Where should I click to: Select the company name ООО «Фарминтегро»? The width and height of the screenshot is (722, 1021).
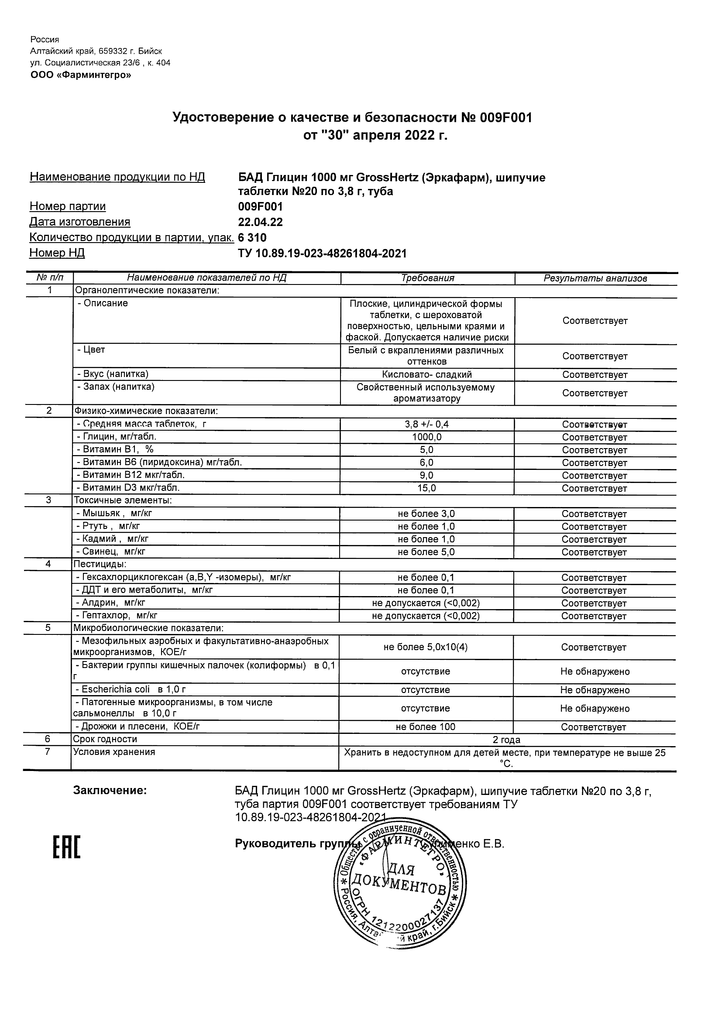tap(80, 75)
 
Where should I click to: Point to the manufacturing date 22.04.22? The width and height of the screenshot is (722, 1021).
tap(260, 222)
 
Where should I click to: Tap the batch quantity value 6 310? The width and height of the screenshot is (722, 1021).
tap(252, 237)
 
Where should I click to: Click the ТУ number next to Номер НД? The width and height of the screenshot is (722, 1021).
tap(322, 254)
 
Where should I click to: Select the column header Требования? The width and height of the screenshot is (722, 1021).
tap(427, 278)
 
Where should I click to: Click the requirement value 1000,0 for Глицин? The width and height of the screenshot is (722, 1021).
tap(426, 437)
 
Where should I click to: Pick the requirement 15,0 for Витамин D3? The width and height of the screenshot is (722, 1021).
tap(426, 488)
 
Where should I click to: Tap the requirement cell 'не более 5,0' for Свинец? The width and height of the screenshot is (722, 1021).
tap(426, 552)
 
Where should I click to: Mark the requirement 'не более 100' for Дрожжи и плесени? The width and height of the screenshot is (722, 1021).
tap(425, 726)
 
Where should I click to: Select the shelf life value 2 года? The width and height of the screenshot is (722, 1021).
tap(506, 740)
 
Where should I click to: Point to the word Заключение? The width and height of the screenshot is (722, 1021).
tap(110, 790)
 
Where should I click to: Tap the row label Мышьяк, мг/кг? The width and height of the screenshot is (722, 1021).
tap(117, 513)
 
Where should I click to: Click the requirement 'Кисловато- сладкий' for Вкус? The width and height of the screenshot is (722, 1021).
tap(426, 374)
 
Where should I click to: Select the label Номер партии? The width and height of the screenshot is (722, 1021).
tap(68, 206)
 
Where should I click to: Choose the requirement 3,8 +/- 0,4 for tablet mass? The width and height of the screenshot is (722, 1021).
tap(426, 424)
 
